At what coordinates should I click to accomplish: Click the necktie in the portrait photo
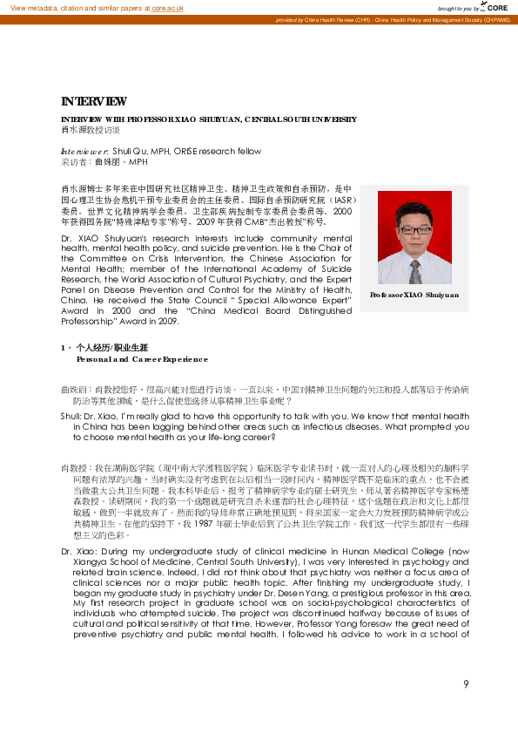[x=414, y=266]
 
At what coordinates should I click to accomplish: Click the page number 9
[x=466, y=683]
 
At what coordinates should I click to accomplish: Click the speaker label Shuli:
[x=71, y=417]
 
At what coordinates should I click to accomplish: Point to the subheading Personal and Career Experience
[x=142, y=358]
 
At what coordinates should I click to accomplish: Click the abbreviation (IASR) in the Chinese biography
[x=335, y=200]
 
